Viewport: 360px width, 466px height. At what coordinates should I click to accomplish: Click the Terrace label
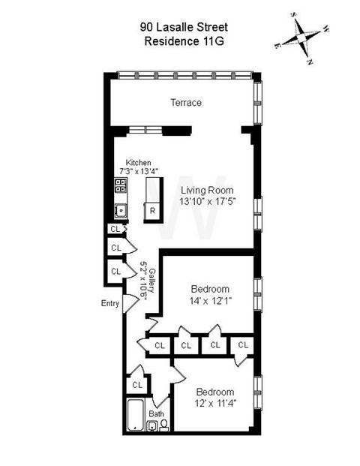click(x=186, y=103)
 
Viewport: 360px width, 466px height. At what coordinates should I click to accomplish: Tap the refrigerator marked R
click(x=152, y=212)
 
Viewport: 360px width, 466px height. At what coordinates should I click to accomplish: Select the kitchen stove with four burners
click(x=121, y=185)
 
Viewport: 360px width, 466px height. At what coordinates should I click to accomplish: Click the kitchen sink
click(x=121, y=210)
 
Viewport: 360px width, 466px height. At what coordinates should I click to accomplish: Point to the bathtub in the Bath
click(x=136, y=415)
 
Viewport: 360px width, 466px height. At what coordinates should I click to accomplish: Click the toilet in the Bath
click(x=163, y=425)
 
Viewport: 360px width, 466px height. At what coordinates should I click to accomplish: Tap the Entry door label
click(x=110, y=303)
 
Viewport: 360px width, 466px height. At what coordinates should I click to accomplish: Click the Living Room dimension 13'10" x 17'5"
click(x=207, y=202)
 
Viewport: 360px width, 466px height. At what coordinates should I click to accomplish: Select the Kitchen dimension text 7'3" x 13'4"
click(x=138, y=171)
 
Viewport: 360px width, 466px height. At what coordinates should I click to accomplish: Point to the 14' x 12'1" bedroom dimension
click(x=210, y=301)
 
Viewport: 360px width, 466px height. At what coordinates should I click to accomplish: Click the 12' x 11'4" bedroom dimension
click(x=215, y=404)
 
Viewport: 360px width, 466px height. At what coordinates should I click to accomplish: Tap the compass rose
click(x=301, y=38)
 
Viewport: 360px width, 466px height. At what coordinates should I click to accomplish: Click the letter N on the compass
click(x=310, y=62)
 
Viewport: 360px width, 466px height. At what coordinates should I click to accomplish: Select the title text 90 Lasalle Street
click(x=184, y=27)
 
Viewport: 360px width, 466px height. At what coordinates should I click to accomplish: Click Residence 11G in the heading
click(x=184, y=41)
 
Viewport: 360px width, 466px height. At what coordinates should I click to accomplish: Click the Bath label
click(x=156, y=413)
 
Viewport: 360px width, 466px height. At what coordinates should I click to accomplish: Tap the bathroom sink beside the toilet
click(x=153, y=426)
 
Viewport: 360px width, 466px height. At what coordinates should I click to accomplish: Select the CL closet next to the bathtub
click(x=137, y=385)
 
